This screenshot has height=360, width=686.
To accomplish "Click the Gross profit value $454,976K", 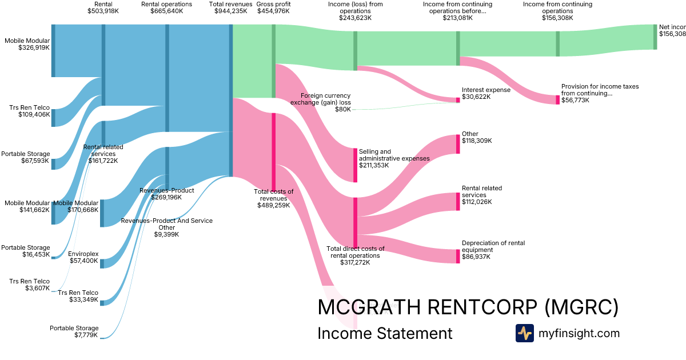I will pos(273,11).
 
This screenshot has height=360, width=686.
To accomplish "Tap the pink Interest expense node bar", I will pos(458,100).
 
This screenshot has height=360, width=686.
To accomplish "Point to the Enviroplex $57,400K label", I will pos(83,257).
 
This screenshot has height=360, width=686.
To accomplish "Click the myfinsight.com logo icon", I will pos(524,333).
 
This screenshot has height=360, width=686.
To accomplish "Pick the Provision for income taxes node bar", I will pos(558,99).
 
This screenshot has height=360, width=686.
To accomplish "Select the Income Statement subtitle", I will pos(385,333).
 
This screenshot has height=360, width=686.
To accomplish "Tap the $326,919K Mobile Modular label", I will pos(27,44).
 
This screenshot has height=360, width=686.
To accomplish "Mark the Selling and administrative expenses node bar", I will pos(355,165).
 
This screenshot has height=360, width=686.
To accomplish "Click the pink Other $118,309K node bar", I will pos(458,144).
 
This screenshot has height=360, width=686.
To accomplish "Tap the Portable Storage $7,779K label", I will pos(74,331).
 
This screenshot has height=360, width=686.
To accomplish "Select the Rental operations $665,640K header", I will pos(167,7).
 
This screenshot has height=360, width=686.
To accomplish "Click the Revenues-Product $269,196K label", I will pos(166,194).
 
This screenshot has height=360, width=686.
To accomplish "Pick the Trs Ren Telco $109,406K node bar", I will pos(53,118).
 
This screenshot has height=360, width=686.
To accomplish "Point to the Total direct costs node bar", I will pos(355,222).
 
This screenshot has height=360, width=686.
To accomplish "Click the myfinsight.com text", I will pos(579,333).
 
